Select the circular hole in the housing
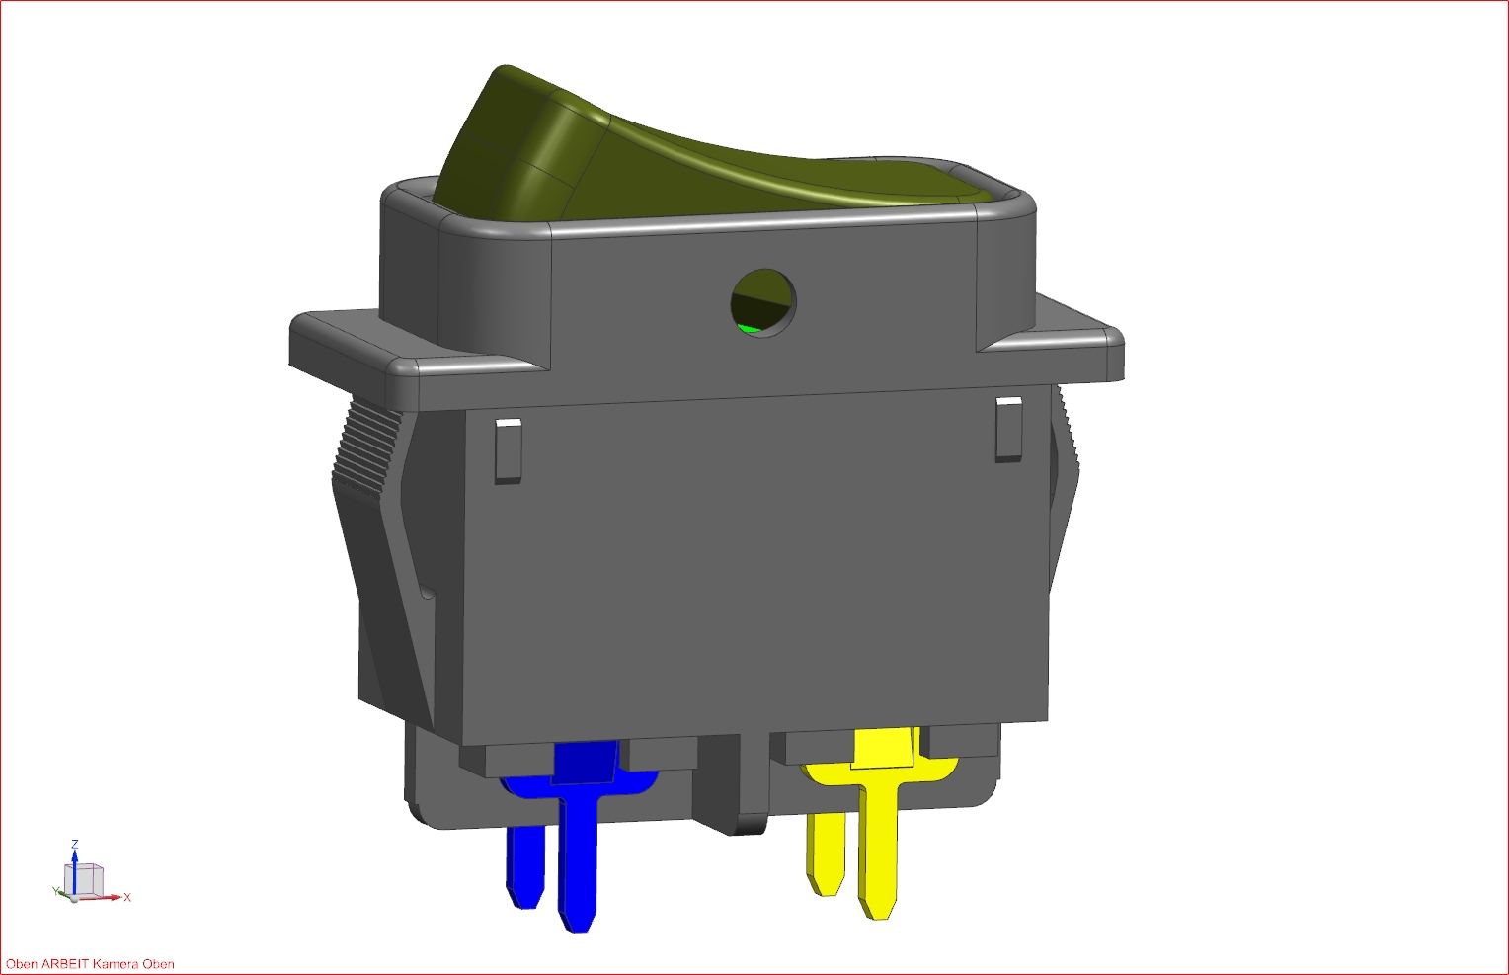[x=763, y=302]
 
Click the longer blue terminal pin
[x=578, y=855]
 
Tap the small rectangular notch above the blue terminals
[x=508, y=450]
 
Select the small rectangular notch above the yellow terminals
[x=1008, y=429]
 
